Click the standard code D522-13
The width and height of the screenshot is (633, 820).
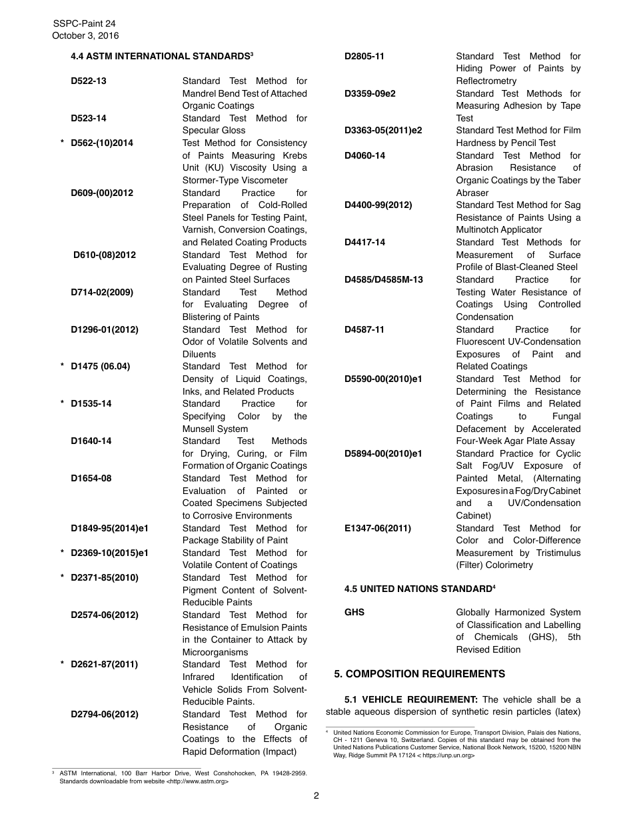(x=89, y=81)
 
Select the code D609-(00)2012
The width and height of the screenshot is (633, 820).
(x=102, y=193)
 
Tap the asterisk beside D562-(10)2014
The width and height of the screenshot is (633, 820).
(x=62, y=143)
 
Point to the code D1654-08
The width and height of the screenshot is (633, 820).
(x=91, y=478)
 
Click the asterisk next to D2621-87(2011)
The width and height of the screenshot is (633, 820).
(x=62, y=665)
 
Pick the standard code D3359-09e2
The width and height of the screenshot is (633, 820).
(x=370, y=93)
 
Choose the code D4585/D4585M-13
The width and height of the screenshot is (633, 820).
(x=384, y=279)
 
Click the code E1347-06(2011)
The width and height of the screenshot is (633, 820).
(x=378, y=528)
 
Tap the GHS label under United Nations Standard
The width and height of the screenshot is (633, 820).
(x=354, y=612)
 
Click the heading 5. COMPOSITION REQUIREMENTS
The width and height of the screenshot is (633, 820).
(x=420, y=674)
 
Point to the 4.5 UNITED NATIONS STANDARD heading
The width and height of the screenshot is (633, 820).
(x=420, y=589)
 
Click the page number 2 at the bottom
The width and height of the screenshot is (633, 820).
(x=316, y=795)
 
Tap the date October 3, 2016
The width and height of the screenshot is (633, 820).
(x=86, y=36)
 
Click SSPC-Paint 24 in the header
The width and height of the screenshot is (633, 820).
(x=84, y=23)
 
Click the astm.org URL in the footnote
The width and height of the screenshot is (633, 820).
(x=197, y=781)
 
